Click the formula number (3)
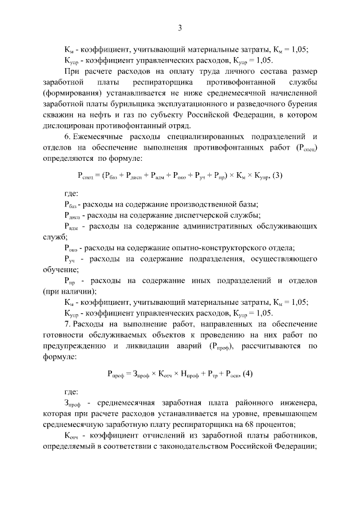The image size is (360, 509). pos(276,175)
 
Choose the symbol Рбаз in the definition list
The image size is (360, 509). pos(70,205)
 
